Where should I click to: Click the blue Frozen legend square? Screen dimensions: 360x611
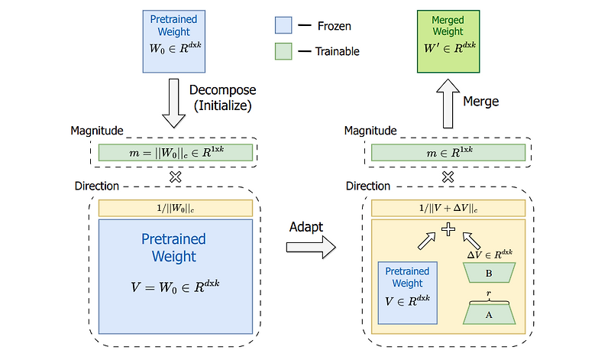283,26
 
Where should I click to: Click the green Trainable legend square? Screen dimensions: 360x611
283,51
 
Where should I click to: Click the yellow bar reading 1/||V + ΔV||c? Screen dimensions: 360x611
448,208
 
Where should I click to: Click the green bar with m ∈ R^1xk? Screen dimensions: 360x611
448,152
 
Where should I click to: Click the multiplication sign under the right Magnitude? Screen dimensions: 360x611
448,176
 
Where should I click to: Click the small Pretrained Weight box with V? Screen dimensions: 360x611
407,292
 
